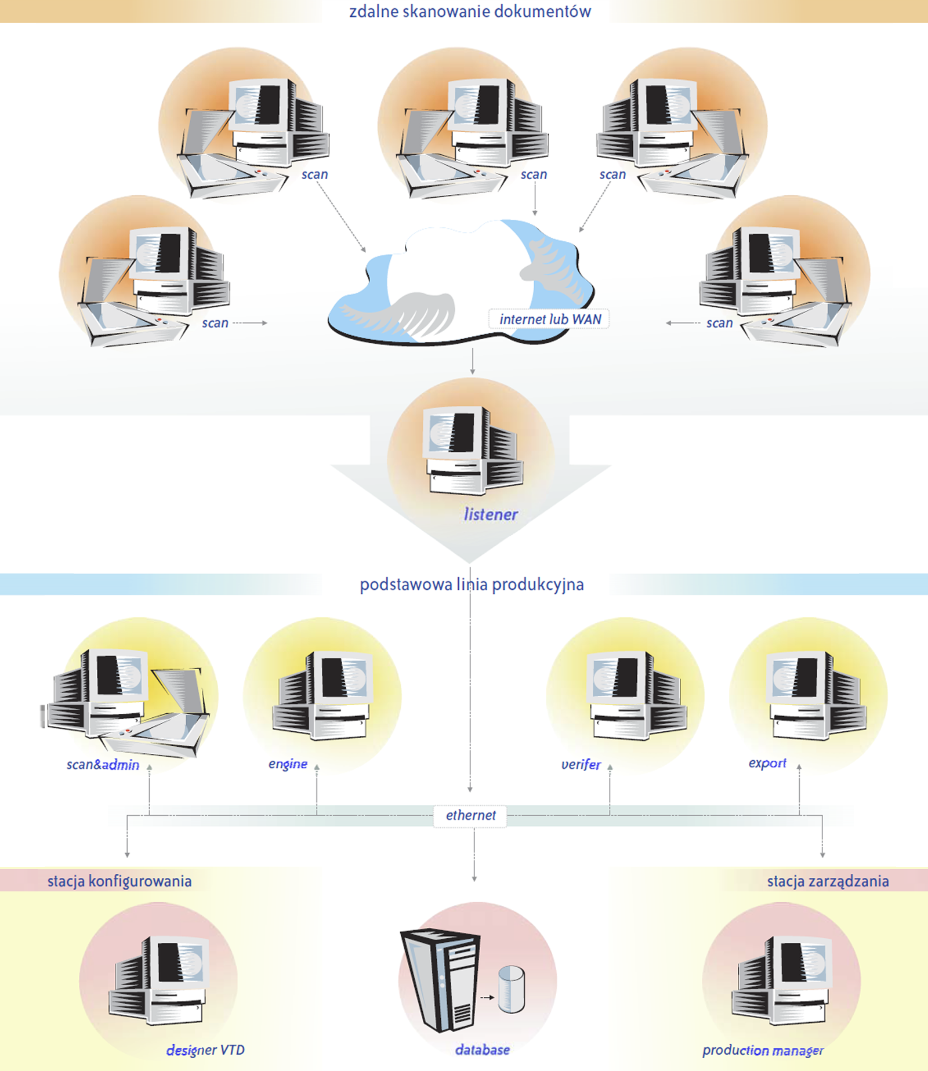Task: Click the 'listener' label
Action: click(x=491, y=514)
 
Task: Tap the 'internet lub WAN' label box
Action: click(x=550, y=319)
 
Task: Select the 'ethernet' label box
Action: click(x=470, y=815)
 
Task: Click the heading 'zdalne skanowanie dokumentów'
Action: click(x=470, y=12)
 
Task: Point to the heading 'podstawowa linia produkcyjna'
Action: click(x=472, y=584)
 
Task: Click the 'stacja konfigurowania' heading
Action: click(x=119, y=881)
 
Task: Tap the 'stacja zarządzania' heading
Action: click(x=828, y=881)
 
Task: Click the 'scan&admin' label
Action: click(x=103, y=765)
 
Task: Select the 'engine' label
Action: click(x=288, y=764)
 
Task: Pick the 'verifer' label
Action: click(x=581, y=764)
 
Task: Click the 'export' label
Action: click(x=767, y=763)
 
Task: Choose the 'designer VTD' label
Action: click(x=205, y=1050)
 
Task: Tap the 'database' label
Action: click(x=483, y=1050)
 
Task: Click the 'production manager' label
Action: click(x=763, y=1050)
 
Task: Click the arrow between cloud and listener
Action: click(x=473, y=362)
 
